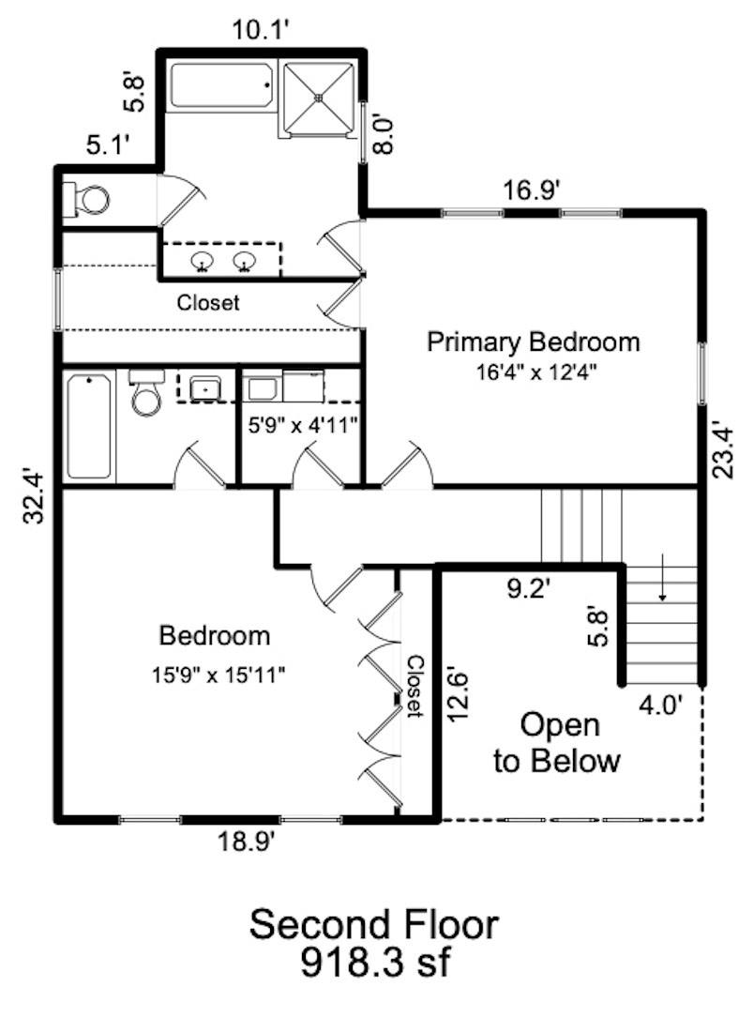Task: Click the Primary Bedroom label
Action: pyautogui.click(x=534, y=342)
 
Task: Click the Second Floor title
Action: pyautogui.click(x=373, y=925)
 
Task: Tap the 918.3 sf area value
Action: pyautogui.click(x=373, y=962)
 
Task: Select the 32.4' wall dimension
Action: pyautogui.click(x=37, y=496)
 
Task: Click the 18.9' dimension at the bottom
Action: pyautogui.click(x=245, y=842)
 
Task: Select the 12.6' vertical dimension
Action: pyautogui.click(x=459, y=693)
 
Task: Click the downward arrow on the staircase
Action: pyautogui.click(x=662, y=589)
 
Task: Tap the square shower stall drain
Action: pyautogui.click(x=321, y=97)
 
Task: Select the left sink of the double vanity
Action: pyautogui.click(x=203, y=261)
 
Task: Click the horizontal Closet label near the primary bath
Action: pyautogui.click(x=208, y=303)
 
